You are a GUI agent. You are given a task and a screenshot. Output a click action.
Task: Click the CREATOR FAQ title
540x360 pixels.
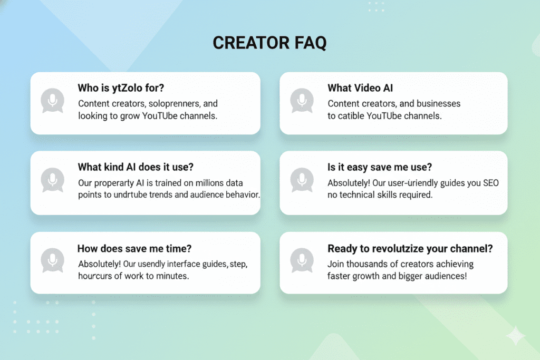[269, 43]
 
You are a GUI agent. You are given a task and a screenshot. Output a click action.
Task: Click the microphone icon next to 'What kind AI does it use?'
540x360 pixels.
[53, 180]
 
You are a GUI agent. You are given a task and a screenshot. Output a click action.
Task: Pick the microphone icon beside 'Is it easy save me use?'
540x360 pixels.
[302, 180]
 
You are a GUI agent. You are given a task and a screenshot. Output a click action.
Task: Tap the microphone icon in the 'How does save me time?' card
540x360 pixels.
[53, 260]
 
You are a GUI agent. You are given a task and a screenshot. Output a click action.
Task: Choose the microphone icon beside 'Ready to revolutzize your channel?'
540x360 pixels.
[302, 260]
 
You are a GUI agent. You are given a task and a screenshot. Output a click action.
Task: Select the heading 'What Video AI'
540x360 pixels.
[360, 87]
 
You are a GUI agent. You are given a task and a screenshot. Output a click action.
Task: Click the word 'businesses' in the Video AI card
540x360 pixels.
[438, 103]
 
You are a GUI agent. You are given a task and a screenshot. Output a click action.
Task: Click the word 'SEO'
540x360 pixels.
[489, 183]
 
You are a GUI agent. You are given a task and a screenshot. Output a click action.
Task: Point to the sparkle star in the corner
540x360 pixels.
[515, 336]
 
